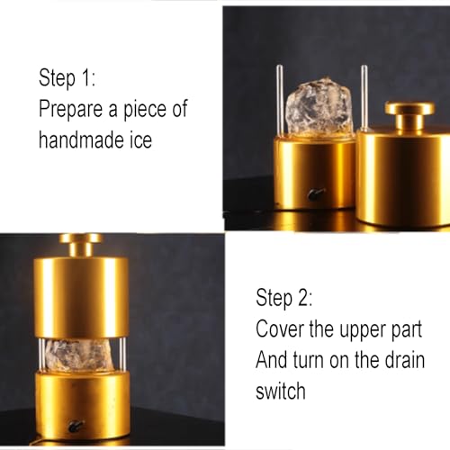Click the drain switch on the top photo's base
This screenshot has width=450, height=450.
click(315, 193)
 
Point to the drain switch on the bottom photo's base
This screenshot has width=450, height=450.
click(76, 425)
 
